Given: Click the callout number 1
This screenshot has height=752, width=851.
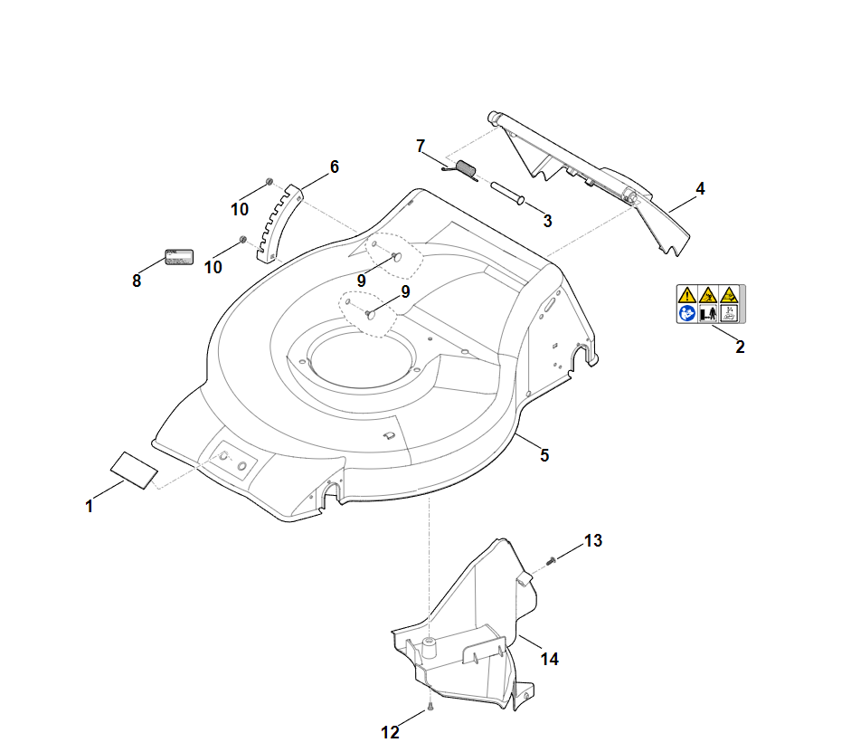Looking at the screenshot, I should (x=89, y=507).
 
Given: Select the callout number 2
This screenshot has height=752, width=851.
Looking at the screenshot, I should (x=740, y=347).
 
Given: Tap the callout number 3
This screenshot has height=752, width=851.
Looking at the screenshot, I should (x=547, y=220).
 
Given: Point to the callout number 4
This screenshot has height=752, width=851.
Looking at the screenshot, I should (x=700, y=189).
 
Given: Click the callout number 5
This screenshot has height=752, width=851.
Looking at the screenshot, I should (x=544, y=455).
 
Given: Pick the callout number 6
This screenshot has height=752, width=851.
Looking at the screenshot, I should (x=334, y=167).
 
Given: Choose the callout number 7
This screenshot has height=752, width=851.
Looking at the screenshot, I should (x=420, y=146).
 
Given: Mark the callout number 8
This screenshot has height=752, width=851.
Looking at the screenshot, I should (x=137, y=281).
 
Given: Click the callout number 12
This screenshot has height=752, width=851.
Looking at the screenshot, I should (x=390, y=733).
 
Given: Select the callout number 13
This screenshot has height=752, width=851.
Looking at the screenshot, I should (x=592, y=541).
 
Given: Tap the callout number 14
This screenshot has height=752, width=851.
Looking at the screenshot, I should (x=550, y=659).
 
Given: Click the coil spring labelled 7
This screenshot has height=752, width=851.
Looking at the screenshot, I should (x=466, y=169).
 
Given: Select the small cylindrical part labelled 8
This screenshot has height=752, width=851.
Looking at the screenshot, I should (x=179, y=256).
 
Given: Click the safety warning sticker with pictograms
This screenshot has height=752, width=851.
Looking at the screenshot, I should (x=711, y=304).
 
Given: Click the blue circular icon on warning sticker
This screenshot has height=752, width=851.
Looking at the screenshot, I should (x=687, y=313).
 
